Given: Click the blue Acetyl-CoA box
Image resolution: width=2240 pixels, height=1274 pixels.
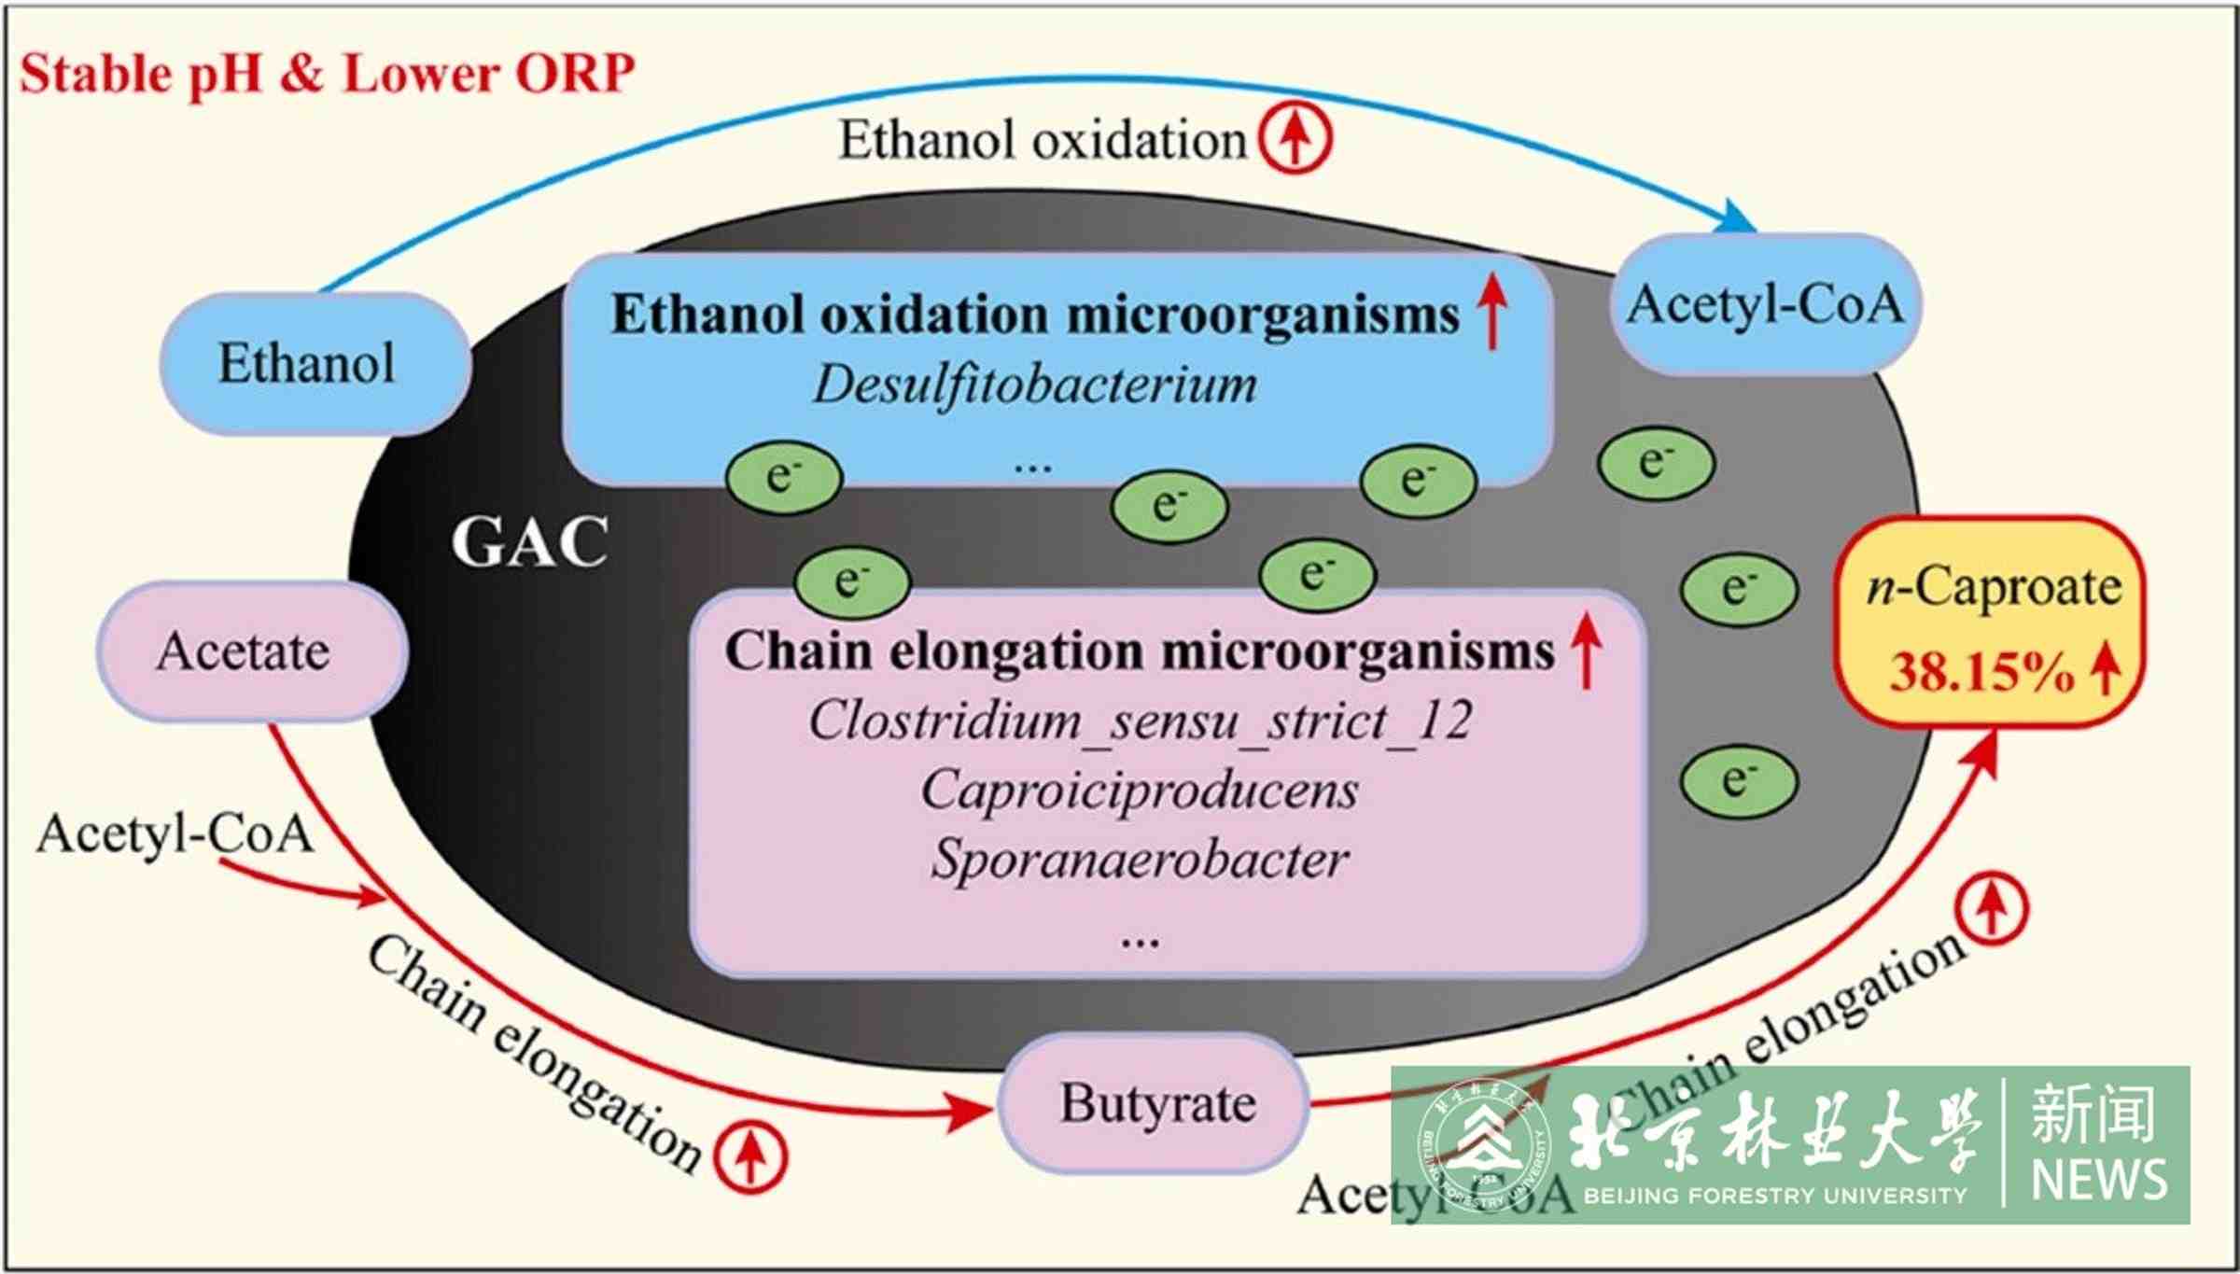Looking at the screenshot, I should tap(1765, 304).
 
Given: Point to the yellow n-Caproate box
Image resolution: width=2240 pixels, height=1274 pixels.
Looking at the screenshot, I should tap(1990, 621).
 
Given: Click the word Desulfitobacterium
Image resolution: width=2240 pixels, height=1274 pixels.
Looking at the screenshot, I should tap(1034, 385).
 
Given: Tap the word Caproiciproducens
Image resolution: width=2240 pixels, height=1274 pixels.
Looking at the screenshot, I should tap(1139, 790).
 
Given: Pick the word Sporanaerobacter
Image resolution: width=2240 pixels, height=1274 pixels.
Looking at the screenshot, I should tap(1139, 859).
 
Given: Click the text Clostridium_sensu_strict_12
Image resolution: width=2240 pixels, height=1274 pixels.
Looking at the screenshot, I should tap(1139, 721).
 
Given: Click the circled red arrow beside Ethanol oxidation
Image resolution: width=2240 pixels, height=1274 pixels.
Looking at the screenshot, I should tap(1295, 138).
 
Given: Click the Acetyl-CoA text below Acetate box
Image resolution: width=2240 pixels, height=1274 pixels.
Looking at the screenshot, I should tap(174, 833).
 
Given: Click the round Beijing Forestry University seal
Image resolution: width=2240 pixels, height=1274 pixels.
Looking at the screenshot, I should tap(1484, 1144).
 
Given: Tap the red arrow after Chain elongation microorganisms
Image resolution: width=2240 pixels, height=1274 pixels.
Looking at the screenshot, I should tap(1586, 651).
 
